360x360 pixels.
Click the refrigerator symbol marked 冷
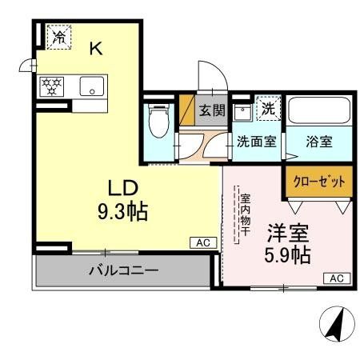[58, 36]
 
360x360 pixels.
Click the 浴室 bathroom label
[318, 142]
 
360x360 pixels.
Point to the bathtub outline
[318, 111]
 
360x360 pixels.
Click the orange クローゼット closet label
[318, 182]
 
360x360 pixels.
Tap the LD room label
[124, 188]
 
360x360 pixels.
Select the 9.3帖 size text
[122, 213]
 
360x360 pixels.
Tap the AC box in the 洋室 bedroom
[337, 278]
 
